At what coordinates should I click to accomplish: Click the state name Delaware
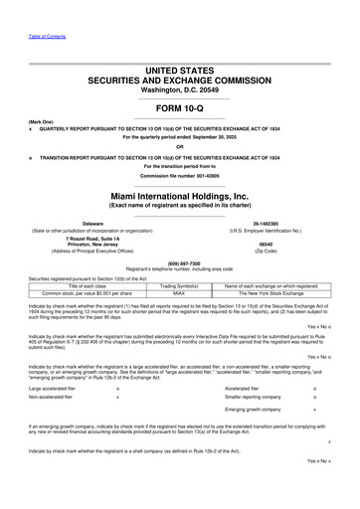92,223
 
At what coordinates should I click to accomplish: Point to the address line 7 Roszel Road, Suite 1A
92,239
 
